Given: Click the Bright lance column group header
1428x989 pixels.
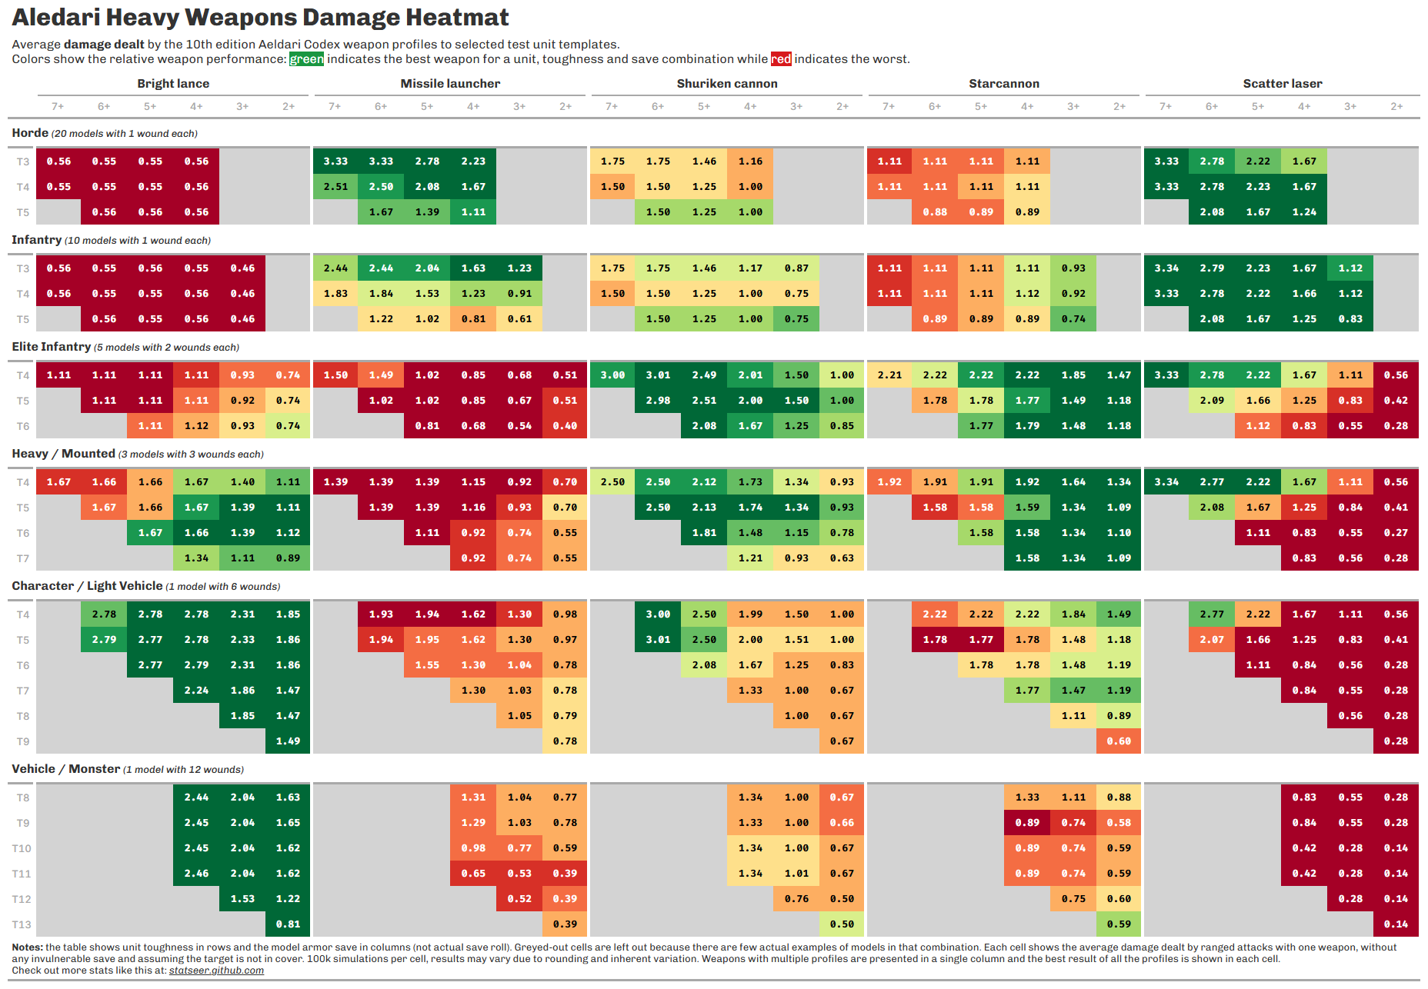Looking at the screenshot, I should [x=173, y=84].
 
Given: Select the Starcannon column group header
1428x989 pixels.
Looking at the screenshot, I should [x=1003, y=84].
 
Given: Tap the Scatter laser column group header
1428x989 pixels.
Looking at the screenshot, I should [x=1282, y=84].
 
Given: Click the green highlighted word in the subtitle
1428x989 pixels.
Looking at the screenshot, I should [x=306, y=59].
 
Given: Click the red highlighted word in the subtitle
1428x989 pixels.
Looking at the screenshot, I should [x=781, y=59].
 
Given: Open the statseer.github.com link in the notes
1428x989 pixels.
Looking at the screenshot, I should [x=216, y=971].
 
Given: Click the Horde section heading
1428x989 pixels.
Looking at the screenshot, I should [x=30, y=133].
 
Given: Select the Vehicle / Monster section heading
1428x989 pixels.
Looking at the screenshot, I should [x=66, y=769].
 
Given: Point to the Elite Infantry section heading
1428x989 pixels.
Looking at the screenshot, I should [x=52, y=347].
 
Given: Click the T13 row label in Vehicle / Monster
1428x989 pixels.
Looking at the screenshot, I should [x=22, y=924].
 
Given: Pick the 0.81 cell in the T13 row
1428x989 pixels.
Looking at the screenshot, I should [x=288, y=924].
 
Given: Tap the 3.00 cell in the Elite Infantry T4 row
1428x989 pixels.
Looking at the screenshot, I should [x=612, y=375].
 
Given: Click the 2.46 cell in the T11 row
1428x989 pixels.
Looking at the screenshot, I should [x=196, y=874].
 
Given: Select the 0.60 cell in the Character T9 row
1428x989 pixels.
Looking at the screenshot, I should [x=1119, y=741].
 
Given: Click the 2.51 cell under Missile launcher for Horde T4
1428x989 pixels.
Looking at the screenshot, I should [x=335, y=187].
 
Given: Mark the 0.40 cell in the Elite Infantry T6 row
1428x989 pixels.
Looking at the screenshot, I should [x=565, y=426].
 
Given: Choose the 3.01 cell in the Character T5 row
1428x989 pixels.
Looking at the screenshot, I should [x=658, y=640].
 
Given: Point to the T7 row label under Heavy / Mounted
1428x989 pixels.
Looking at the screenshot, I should [x=23, y=558].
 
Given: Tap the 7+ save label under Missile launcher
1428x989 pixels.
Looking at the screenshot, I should [x=335, y=107].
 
